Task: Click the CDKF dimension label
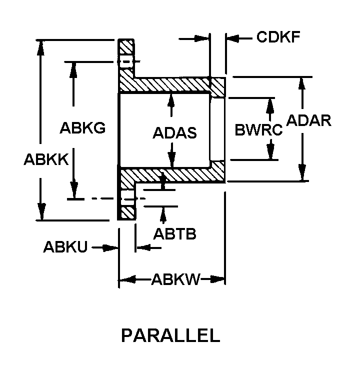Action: tap(278, 37)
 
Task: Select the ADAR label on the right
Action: tap(308, 120)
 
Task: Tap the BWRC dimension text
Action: tap(258, 130)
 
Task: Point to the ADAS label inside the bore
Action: tap(174, 132)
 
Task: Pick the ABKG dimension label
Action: tap(82, 127)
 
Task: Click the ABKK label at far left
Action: tap(46, 159)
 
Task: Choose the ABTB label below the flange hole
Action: tap(174, 233)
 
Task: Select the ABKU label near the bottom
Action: tap(65, 247)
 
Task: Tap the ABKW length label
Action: tap(175, 279)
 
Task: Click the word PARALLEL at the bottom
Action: tap(171, 335)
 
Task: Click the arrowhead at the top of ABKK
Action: tap(41, 48)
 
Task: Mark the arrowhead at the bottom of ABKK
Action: tap(42, 211)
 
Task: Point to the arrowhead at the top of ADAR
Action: tap(302, 84)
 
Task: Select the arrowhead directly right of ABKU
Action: tap(110, 248)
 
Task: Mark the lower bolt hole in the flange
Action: tap(128, 198)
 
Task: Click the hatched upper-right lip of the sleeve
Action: tap(217, 87)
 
